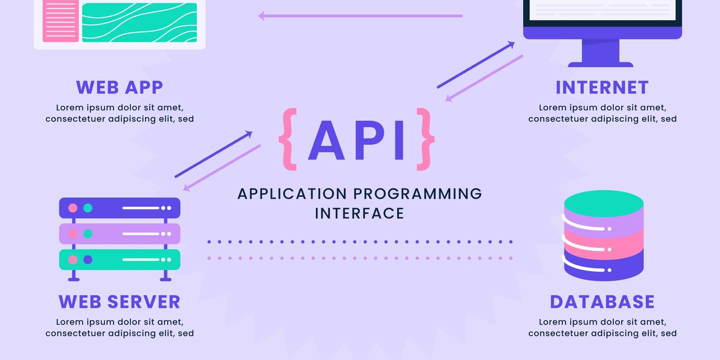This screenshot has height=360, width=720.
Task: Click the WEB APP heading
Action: [x=119, y=87]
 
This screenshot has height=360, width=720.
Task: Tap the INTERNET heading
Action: [x=602, y=87]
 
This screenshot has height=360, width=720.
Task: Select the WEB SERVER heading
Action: [x=119, y=301]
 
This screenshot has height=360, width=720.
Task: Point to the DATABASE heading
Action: [x=602, y=301]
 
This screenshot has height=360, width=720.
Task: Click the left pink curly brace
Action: [x=288, y=136]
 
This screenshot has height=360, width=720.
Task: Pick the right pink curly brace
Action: [x=425, y=136]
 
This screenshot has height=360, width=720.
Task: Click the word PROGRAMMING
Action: [x=417, y=194]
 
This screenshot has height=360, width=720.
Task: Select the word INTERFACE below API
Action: [x=359, y=213]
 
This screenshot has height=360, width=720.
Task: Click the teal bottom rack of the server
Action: [x=119, y=260]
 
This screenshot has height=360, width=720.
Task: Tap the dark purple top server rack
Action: [x=119, y=208]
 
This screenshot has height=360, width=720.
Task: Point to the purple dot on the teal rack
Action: [x=88, y=260]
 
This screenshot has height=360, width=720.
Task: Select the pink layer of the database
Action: [x=604, y=240]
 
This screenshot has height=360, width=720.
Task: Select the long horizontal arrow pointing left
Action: [x=360, y=16]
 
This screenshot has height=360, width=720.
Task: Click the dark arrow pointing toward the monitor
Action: [x=476, y=65]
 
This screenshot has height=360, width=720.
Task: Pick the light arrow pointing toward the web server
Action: [x=222, y=168]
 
